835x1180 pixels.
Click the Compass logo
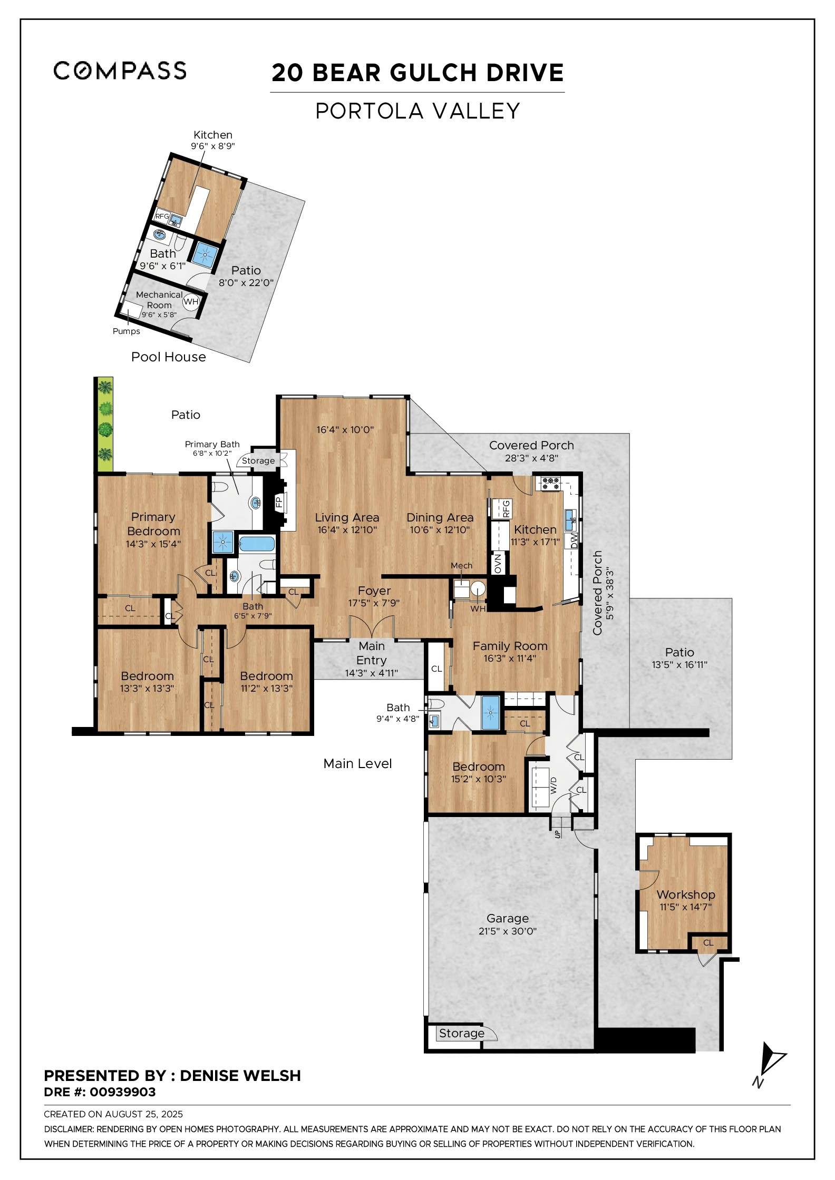tap(120, 71)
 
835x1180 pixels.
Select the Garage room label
tap(507, 919)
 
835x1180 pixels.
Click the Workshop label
tap(685, 894)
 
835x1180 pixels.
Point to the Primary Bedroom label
tap(153, 524)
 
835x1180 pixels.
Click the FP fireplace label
tap(279, 501)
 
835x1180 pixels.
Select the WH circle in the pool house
tap(190, 302)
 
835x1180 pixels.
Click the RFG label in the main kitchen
tap(506, 508)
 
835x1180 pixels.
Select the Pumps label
tap(127, 331)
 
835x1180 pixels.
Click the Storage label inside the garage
tap(461, 1033)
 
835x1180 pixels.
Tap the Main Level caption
tap(357, 763)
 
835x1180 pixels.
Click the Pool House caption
tap(168, 357)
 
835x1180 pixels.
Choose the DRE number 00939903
tap(123, 1092)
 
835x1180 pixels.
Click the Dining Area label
tap(440, 517)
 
